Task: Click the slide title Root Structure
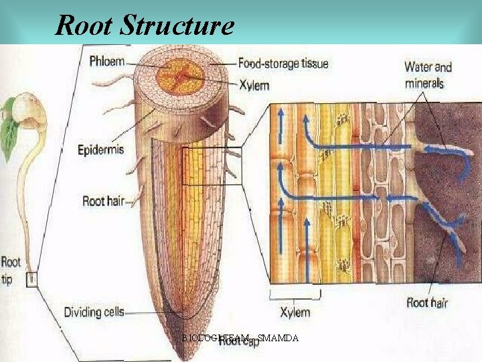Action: click(145, 25)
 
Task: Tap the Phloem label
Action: click(107, 62)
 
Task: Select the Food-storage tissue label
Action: click(283, 64)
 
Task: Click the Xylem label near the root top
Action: click(254, 85)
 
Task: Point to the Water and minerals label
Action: click(428, 75)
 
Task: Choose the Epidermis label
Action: click(100, 149)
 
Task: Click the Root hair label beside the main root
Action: click(103, 200)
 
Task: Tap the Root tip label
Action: click(11, 269)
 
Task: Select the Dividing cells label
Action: click(94, 312)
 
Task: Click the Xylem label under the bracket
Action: click(295, 312)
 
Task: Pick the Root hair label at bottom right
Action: click(427, 302)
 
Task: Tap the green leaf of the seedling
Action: click(8, 137)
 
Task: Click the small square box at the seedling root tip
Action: click(31, 279)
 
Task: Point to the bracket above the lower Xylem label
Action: click(295, 294)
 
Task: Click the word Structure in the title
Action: click(177, 25)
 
